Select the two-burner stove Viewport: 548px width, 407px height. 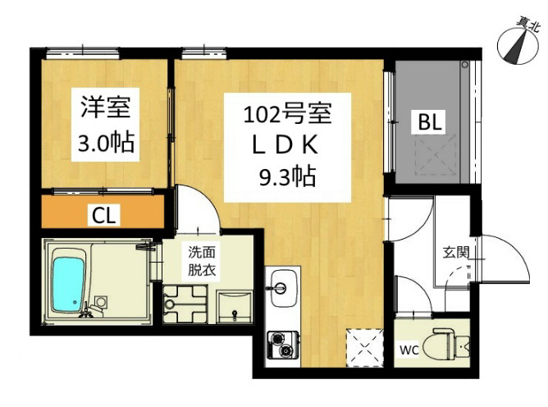click(283, 345)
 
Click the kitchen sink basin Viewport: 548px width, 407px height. click(284, 289)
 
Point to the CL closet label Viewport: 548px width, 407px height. click(104, 216)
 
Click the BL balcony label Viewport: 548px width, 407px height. click(430, 122)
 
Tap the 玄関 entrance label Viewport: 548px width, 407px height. click(456, 253)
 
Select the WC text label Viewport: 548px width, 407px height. click(409, 350)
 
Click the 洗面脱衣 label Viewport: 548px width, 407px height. click(202, 261)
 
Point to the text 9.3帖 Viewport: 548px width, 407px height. click(287, 176)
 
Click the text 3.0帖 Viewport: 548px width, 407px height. click(106, 143)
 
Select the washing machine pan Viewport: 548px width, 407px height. click(185, 304)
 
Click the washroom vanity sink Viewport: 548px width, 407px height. click(234, 308)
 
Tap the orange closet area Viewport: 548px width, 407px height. click(103, 212)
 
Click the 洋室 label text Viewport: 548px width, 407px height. click(106, 107)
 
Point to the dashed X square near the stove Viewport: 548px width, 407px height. click(363, 347)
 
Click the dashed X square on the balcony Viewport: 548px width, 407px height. click(435, 155)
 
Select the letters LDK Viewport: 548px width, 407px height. click(285, 146)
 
